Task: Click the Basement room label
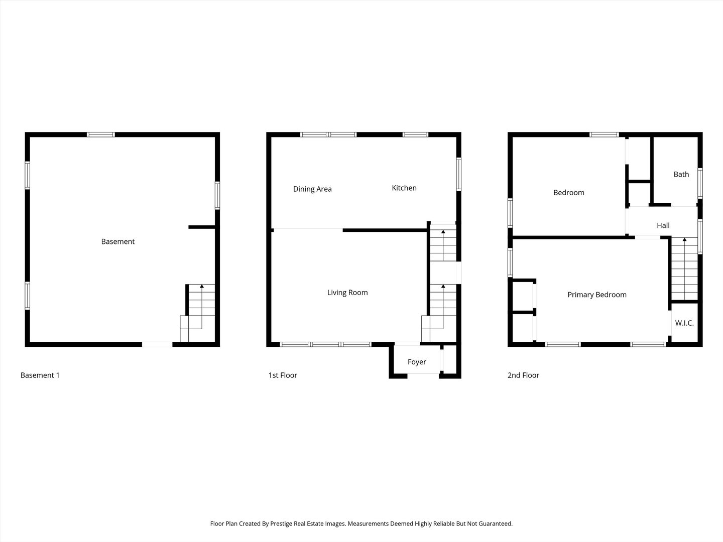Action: tap(118, 241)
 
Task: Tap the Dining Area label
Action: tap(312, 189)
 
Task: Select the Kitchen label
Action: tap(404, 188)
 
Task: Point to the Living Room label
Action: tap(347, 293)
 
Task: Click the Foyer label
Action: tap(417, 362)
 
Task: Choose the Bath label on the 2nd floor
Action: tap(681, 174)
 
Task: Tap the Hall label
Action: tap(663, 225)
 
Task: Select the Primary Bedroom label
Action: tap(597, 295)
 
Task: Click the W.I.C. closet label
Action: tap(684, 323)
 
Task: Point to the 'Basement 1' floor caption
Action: tap(40, 375)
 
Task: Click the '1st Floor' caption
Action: tap(283, 375)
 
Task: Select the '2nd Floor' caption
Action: tap(523, 375)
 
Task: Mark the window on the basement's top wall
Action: tap(101, 134)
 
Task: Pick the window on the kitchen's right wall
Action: tap(459, 175)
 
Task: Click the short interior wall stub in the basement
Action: tap(202, 227)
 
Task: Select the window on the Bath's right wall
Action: tap(700, 184)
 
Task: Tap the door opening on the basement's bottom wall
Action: tap(157, 344)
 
